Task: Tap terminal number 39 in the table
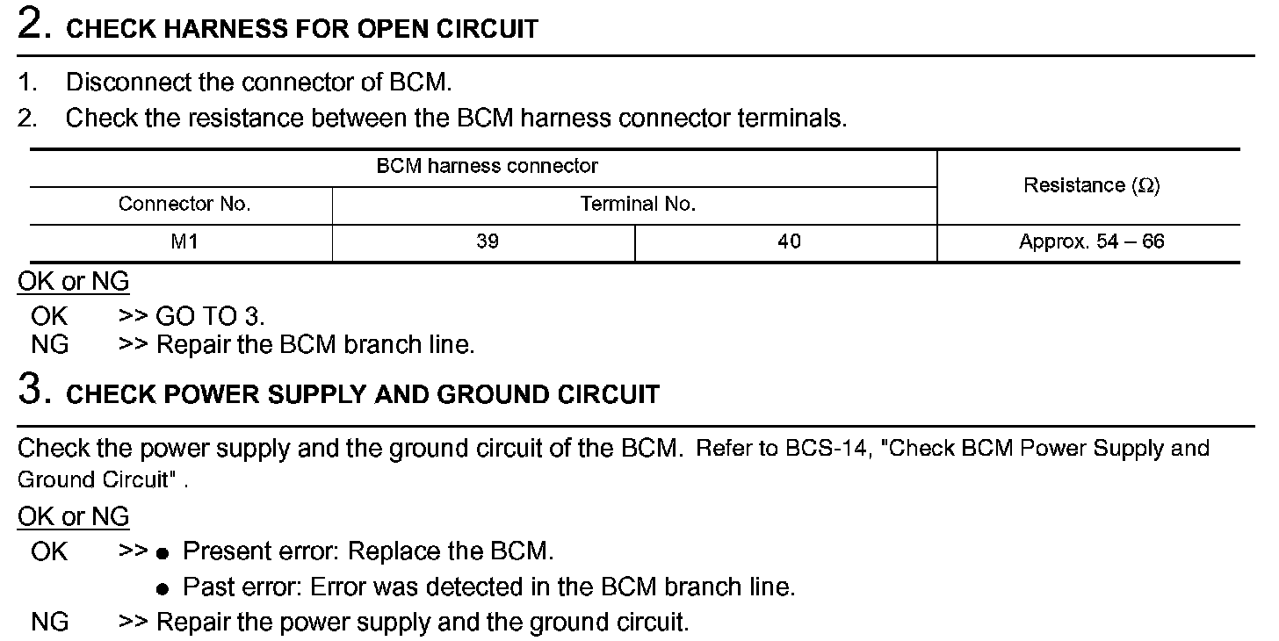487,242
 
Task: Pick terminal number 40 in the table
789,242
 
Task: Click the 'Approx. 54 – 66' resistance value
1091,242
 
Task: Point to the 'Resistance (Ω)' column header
1091,185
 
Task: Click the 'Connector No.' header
184,205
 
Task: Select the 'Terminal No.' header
638,205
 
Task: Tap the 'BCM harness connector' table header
487,166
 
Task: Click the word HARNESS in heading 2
212,29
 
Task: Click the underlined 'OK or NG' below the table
73,283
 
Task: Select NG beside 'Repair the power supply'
49,623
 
